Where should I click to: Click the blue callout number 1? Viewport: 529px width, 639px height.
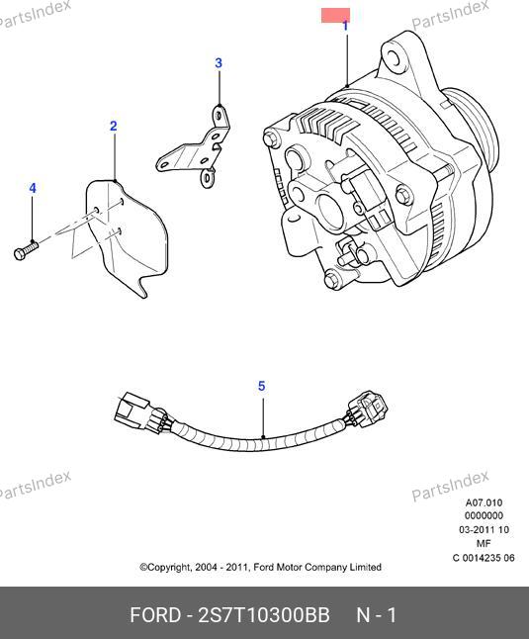[345, 26]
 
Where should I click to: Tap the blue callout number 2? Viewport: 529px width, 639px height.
[113, 126]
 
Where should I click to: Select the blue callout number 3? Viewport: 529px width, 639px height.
[219, 63]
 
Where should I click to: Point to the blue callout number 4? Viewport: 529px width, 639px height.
[33, 188]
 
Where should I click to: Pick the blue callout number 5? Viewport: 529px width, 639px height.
[261, 386]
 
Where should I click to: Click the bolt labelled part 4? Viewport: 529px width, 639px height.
[26, 250]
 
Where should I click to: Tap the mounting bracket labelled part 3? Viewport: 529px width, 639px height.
[196, 148]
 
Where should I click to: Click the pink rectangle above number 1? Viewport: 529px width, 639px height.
[335, 16]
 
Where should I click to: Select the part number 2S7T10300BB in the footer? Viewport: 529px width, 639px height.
[263, 615]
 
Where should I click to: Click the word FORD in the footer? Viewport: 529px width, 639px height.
[155, 615]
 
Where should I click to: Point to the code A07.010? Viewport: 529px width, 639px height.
[484, 502]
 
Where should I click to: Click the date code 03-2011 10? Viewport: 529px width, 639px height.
[484, 530]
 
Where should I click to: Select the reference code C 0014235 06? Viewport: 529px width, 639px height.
[484, 558]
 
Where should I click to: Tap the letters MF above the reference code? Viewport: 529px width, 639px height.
[484, 544]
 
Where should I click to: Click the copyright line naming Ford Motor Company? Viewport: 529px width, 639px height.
[261, 567]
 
